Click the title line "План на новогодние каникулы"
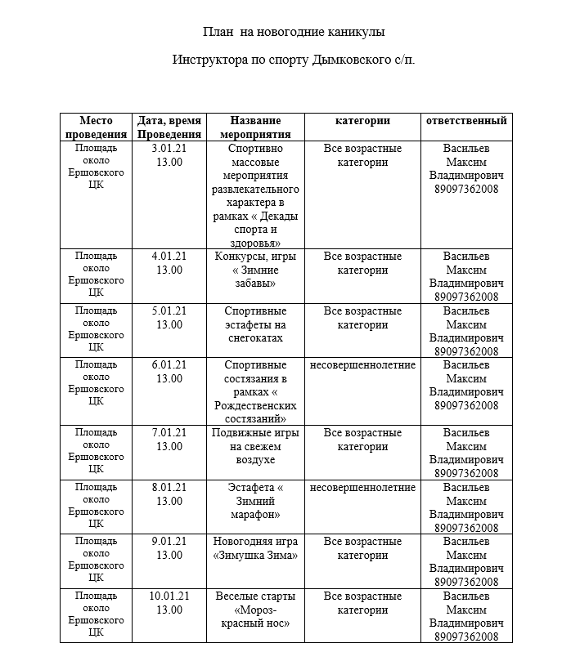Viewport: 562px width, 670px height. (294, 32)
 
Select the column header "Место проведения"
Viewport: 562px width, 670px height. (96, 127)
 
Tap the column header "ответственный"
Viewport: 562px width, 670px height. (465, 121)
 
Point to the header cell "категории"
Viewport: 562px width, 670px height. (362, 121)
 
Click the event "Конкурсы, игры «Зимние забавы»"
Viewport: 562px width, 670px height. (255, 270)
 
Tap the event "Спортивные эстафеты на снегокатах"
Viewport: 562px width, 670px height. (255, 324)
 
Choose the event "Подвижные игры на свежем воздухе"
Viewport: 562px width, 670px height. (255, 447)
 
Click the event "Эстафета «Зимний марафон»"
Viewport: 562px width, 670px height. (255, 501)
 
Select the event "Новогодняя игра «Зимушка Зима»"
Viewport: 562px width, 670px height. (255, 548)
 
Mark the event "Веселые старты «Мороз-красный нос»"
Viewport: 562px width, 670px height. (255, 610)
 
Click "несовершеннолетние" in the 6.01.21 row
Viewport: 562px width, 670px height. (362, 365)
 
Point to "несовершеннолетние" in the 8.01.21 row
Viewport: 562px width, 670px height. (362, 488)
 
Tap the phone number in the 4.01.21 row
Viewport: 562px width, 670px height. (466, 297)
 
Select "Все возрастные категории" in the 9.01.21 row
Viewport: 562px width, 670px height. (362, 548)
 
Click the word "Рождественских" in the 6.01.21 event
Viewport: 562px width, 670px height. (255, 406)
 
